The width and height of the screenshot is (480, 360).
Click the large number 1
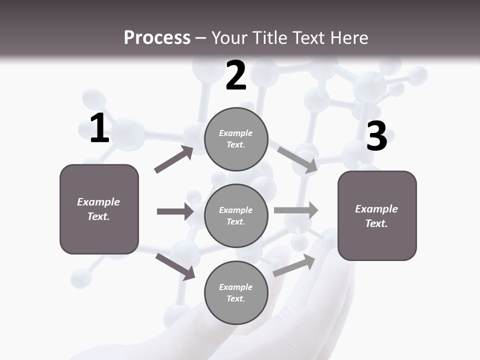tap(99, 128)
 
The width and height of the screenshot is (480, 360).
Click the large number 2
tap(236, 76)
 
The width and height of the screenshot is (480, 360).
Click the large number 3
tap(376, 136)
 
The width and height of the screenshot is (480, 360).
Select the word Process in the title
tap(157, 38)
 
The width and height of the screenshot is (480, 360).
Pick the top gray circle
tap(236, 139)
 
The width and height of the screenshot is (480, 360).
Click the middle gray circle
tap(236, 216)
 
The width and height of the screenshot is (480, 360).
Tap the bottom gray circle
tap(236, 293)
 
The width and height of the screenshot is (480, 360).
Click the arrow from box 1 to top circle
tap(174, 159)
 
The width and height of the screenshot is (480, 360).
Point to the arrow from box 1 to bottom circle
tap(175, 266)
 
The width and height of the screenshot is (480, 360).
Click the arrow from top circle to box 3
tap(297, 159)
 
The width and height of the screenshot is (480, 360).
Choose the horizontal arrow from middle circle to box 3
tap(296, 210)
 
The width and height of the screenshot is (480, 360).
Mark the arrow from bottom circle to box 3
tap(294, 265)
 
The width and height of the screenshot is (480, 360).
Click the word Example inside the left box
tap(98, 202)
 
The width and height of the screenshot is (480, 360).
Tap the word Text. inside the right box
tap(376, 223)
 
